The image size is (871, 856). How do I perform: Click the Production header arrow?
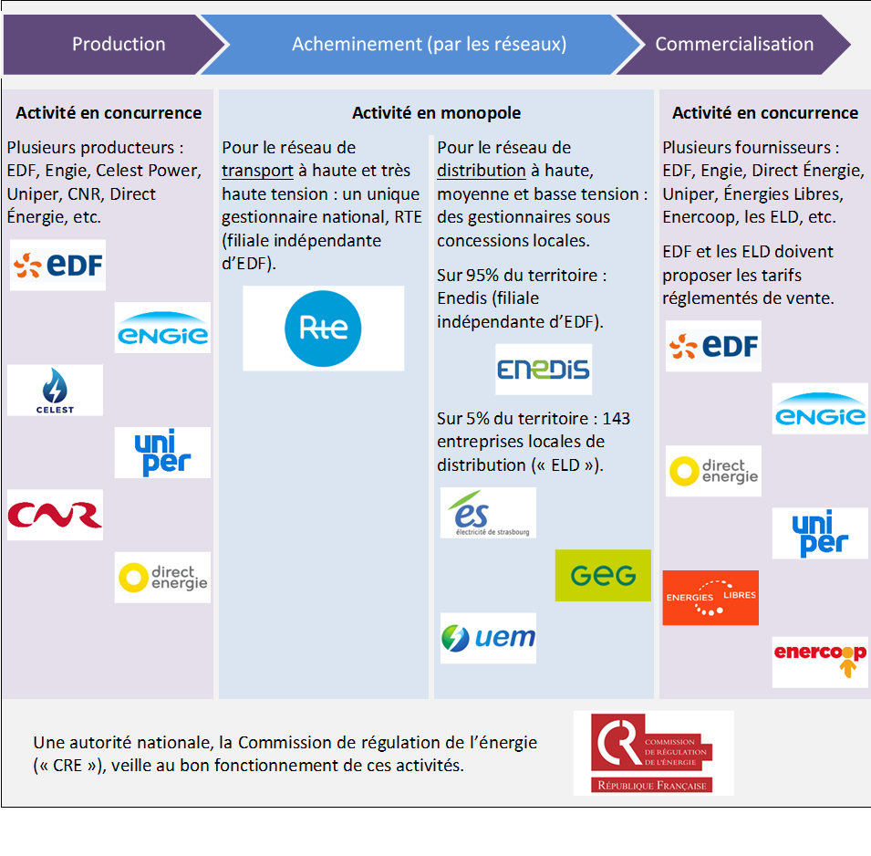click(119, 44)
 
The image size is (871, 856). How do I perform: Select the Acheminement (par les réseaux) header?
click(429, 44)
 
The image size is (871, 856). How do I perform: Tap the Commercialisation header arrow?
click(734, 44)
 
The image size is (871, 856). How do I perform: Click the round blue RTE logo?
click(323, 328)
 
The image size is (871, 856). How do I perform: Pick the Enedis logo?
click(544, 369)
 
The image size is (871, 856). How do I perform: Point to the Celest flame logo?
click(55, 390)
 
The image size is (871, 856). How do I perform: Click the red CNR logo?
click(55, 515)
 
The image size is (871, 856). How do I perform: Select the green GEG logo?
click(603, 575)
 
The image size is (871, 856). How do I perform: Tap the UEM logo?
click(488, 637)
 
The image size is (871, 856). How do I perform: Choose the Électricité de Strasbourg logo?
click(488, 513)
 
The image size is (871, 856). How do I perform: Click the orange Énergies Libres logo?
click(710, 597)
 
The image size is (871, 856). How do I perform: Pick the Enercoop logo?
click(820, 662)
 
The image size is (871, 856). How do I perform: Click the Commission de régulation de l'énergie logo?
click(653, 753)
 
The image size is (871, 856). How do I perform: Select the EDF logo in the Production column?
click(58, 266)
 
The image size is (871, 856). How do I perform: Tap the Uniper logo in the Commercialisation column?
click(820, 533)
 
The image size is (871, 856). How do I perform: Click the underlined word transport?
click(257, 171)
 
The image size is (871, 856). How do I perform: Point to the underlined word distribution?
click(482, 171)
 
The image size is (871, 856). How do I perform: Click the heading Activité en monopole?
click(436, 113)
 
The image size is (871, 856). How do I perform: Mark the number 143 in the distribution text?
click(615, 419)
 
